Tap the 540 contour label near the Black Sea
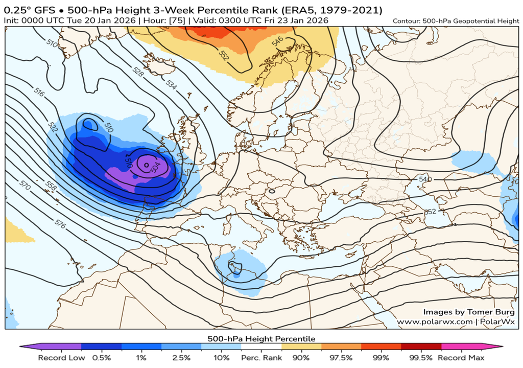pos(425,179)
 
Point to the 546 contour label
pos(277,42)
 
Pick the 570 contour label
pos(25,185)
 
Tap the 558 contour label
pos(50,188)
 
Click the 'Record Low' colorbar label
pos(61,358)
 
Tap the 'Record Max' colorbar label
pos(462,358)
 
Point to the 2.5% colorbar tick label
pos(181,358)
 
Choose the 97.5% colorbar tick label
pos(341,358)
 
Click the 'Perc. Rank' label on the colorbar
pos(261,358)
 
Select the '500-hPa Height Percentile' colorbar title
pos(261,338)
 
